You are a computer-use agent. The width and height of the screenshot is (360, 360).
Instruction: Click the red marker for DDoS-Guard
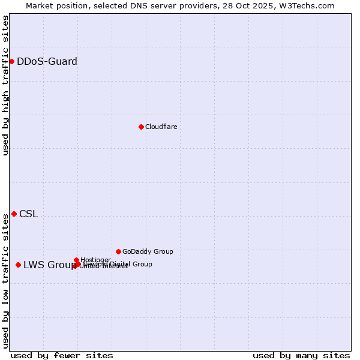(11, 61)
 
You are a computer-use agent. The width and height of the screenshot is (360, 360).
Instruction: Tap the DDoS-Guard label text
(47, 61)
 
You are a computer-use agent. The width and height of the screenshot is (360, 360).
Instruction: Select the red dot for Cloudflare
(141, 127)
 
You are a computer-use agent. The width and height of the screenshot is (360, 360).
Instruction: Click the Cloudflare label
(161, 127)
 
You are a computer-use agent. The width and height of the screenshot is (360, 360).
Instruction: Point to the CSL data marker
(14, 214)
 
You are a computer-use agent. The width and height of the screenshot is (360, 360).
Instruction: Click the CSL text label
(28, 214)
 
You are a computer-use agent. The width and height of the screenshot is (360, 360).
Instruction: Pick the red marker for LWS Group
(18, 265)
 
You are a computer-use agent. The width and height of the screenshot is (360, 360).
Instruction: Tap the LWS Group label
(50, 265)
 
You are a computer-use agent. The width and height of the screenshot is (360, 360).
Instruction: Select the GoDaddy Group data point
(118, 251)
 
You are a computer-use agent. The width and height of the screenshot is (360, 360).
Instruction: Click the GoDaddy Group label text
(148, 251)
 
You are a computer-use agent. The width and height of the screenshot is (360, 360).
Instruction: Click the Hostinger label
(95, 260)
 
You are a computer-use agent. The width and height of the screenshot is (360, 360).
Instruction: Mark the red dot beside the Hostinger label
(76, 260)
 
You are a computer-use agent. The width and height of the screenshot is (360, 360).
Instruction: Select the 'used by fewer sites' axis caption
(62, 355)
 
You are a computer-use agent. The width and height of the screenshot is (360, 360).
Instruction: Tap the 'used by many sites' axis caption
(301, 355)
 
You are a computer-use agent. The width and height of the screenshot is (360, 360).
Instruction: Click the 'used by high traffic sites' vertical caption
(5, 85)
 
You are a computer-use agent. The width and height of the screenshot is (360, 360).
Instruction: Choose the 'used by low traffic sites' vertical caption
(5, 281)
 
